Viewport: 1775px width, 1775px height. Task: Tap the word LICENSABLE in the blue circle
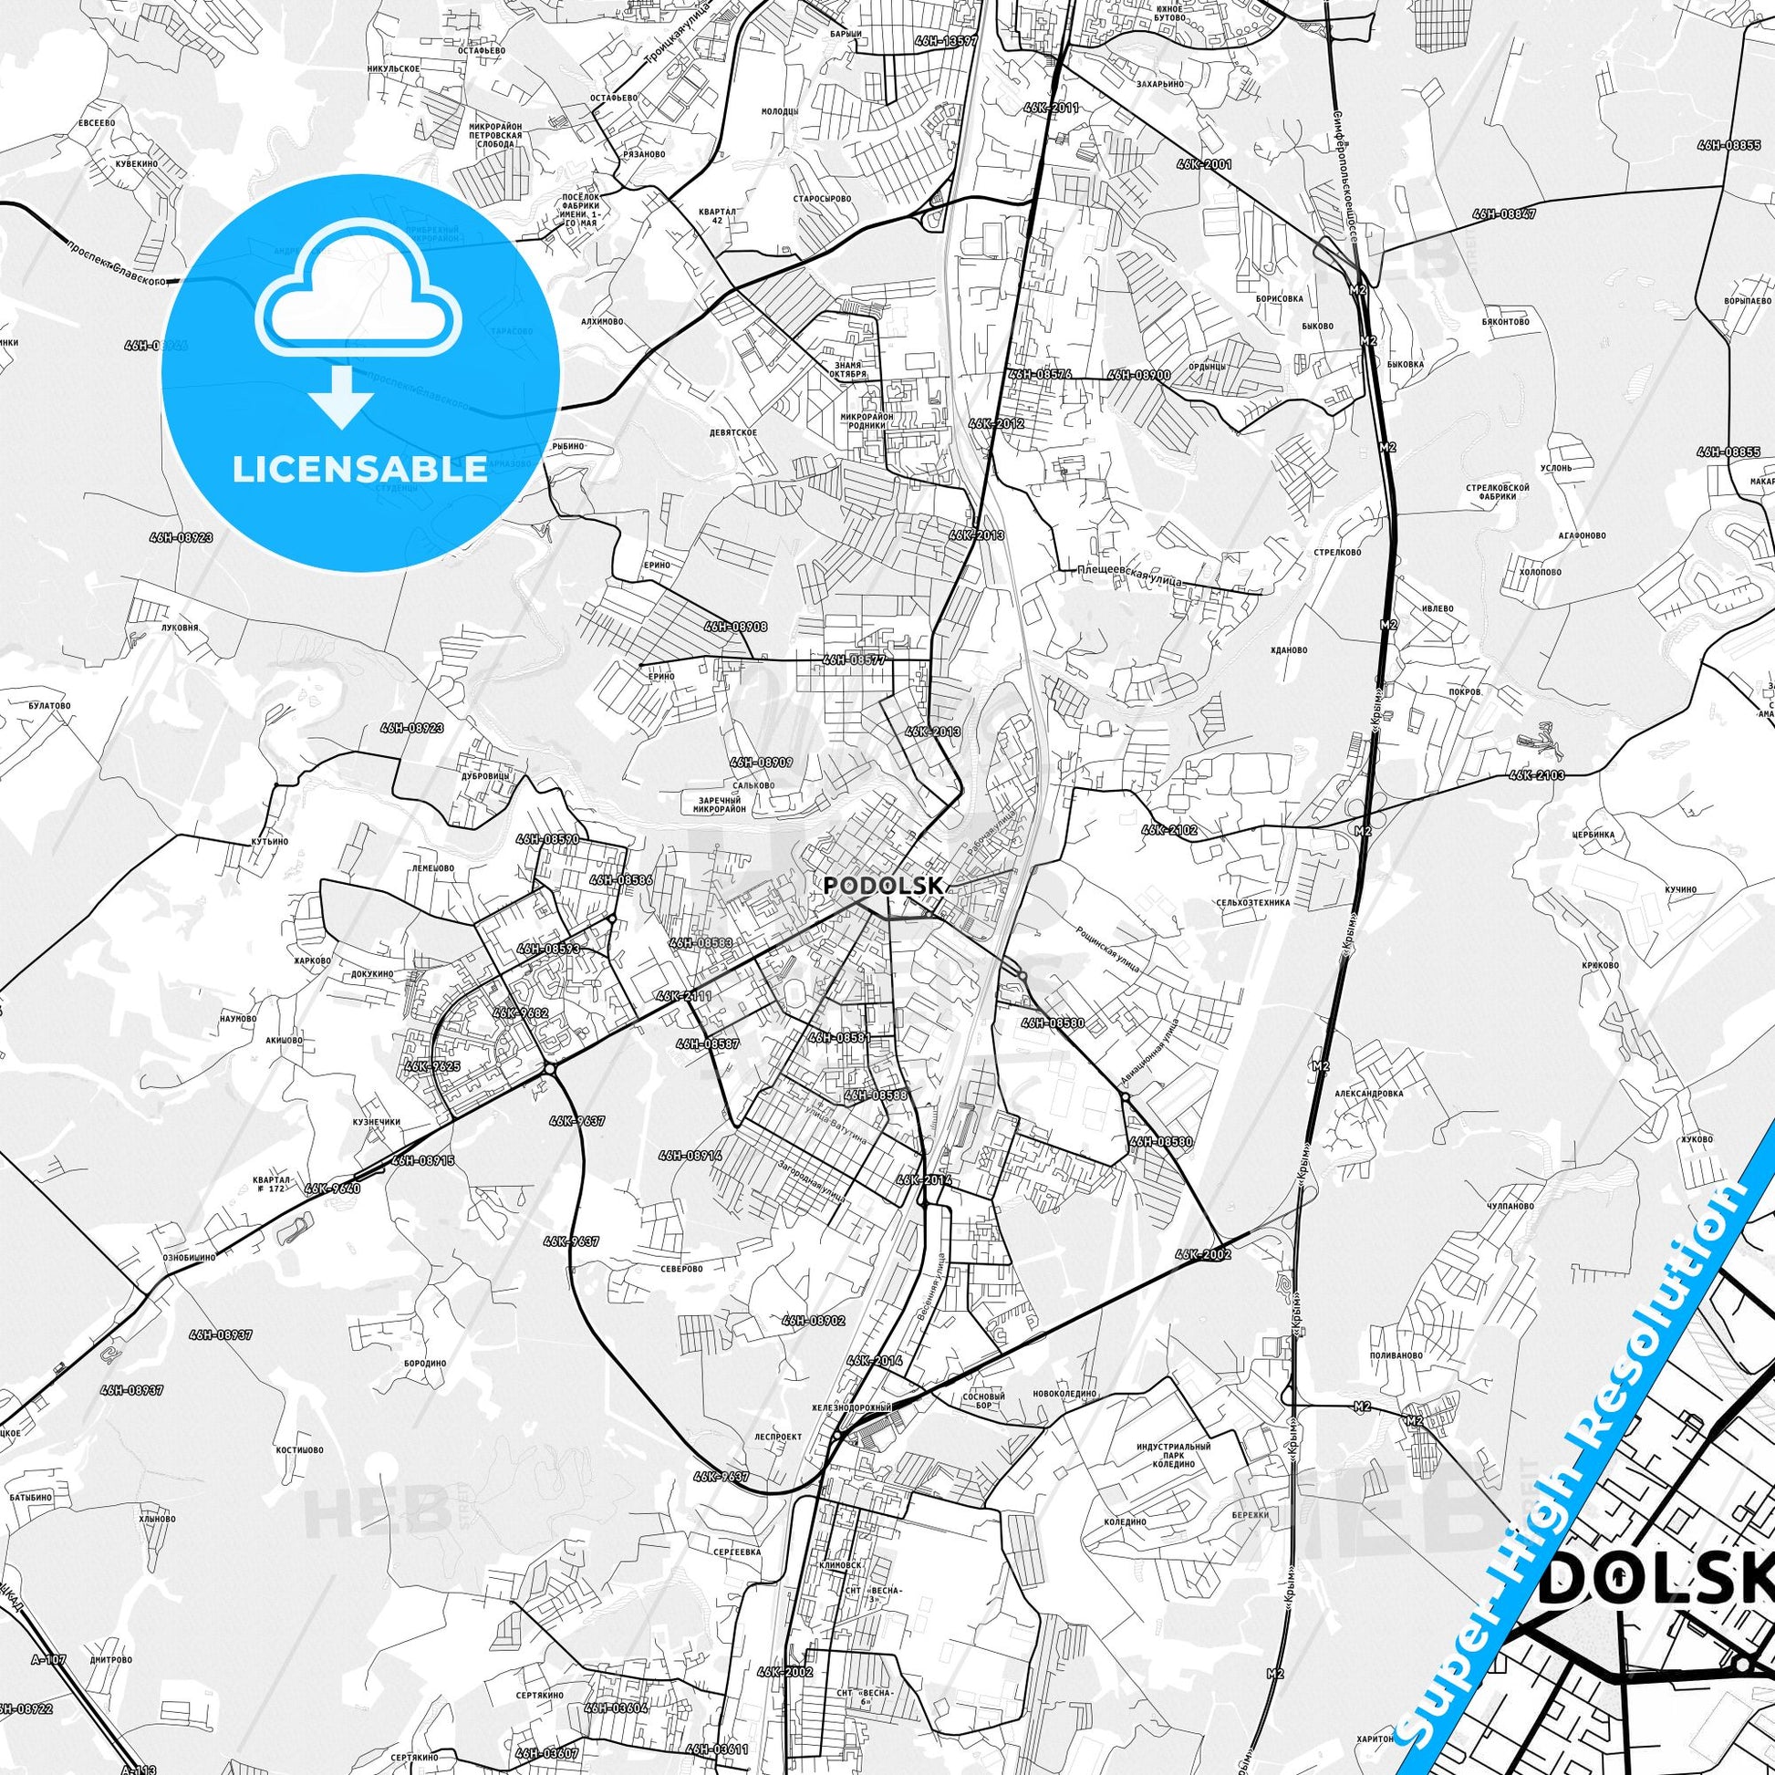click(x=359, y=470)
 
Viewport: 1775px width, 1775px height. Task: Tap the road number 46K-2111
click(x=684, y=996)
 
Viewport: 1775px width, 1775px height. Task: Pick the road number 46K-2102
click(x=1169, y=830)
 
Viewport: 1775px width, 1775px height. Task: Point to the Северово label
click(x=681, y=1268)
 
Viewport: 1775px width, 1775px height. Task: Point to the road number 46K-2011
click(x=1050, y=108)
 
